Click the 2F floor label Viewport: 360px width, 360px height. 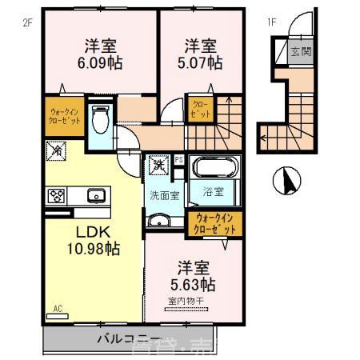(x=26, y=23)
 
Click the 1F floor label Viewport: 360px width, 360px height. (x=271, y=23)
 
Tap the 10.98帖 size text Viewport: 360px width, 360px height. (x=93, y=250)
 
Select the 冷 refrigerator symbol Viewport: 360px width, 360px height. (x=58, y=149)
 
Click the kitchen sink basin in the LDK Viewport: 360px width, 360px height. (x=96, y=194)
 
